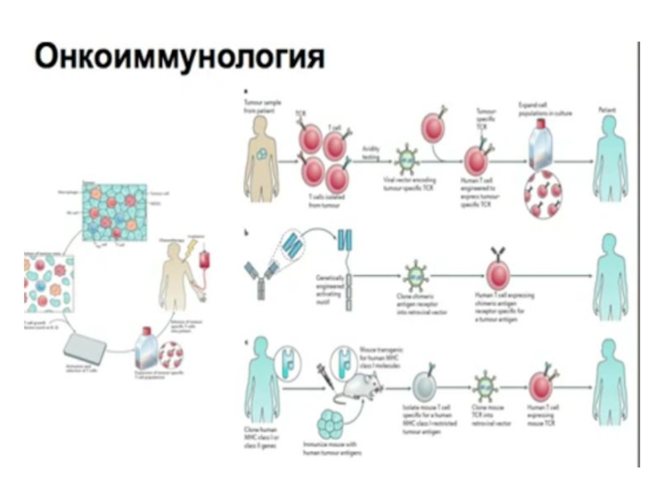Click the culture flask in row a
pyautogui.click(x=538, y=150)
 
